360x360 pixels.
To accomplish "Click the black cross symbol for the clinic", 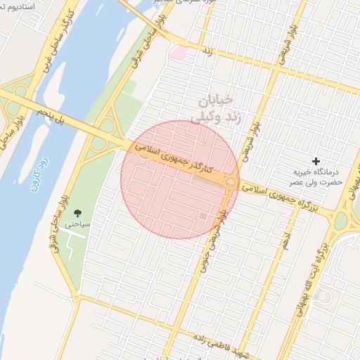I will click(316, 162).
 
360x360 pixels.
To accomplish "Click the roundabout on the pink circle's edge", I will click(231, 182).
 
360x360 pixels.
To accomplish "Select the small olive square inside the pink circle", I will click(203, 216).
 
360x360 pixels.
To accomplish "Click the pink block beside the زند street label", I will click(179, 52).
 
